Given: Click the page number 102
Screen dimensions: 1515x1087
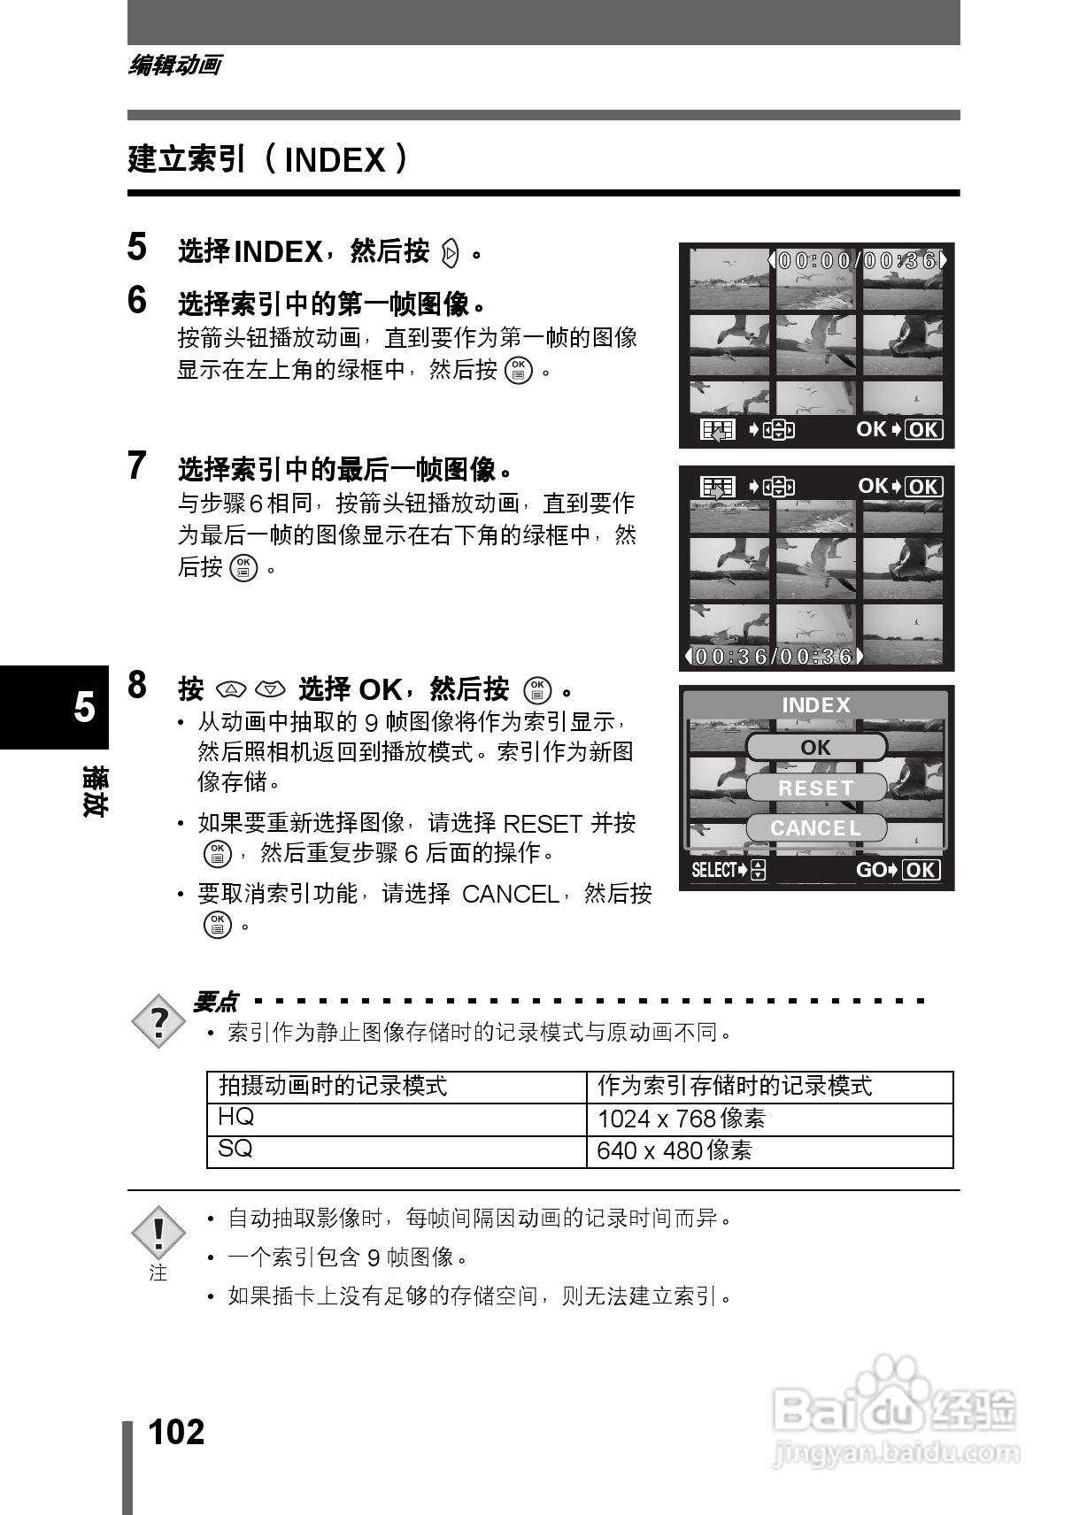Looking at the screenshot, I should click(x=176, y=1431).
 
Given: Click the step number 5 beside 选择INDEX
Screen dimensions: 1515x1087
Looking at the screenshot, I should click(x=137, y=247).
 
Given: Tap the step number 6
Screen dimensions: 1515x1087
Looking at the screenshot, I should click(x=137, y=301).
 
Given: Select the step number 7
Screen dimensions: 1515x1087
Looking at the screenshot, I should click(x=137, y=465).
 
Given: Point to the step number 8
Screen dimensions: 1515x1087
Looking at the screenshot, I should click(x=137, y=685).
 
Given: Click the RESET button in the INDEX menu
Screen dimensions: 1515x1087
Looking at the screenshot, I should click(x=816, y=788).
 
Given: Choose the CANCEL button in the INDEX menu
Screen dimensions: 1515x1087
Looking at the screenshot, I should click(x=816, y=828).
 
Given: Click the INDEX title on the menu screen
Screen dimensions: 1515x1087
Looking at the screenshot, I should click(x=816, y=705).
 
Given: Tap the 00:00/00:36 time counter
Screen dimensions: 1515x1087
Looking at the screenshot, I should click(x=857, y=260).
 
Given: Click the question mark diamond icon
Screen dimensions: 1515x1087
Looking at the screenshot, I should click(x=158, y=1022).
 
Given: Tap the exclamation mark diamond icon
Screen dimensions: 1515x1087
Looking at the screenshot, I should click(x=158, y=1233).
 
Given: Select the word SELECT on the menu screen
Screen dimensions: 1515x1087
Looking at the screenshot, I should click(x=713, y=870).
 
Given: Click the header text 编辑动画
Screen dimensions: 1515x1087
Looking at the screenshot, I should click(x=175, y=65).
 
